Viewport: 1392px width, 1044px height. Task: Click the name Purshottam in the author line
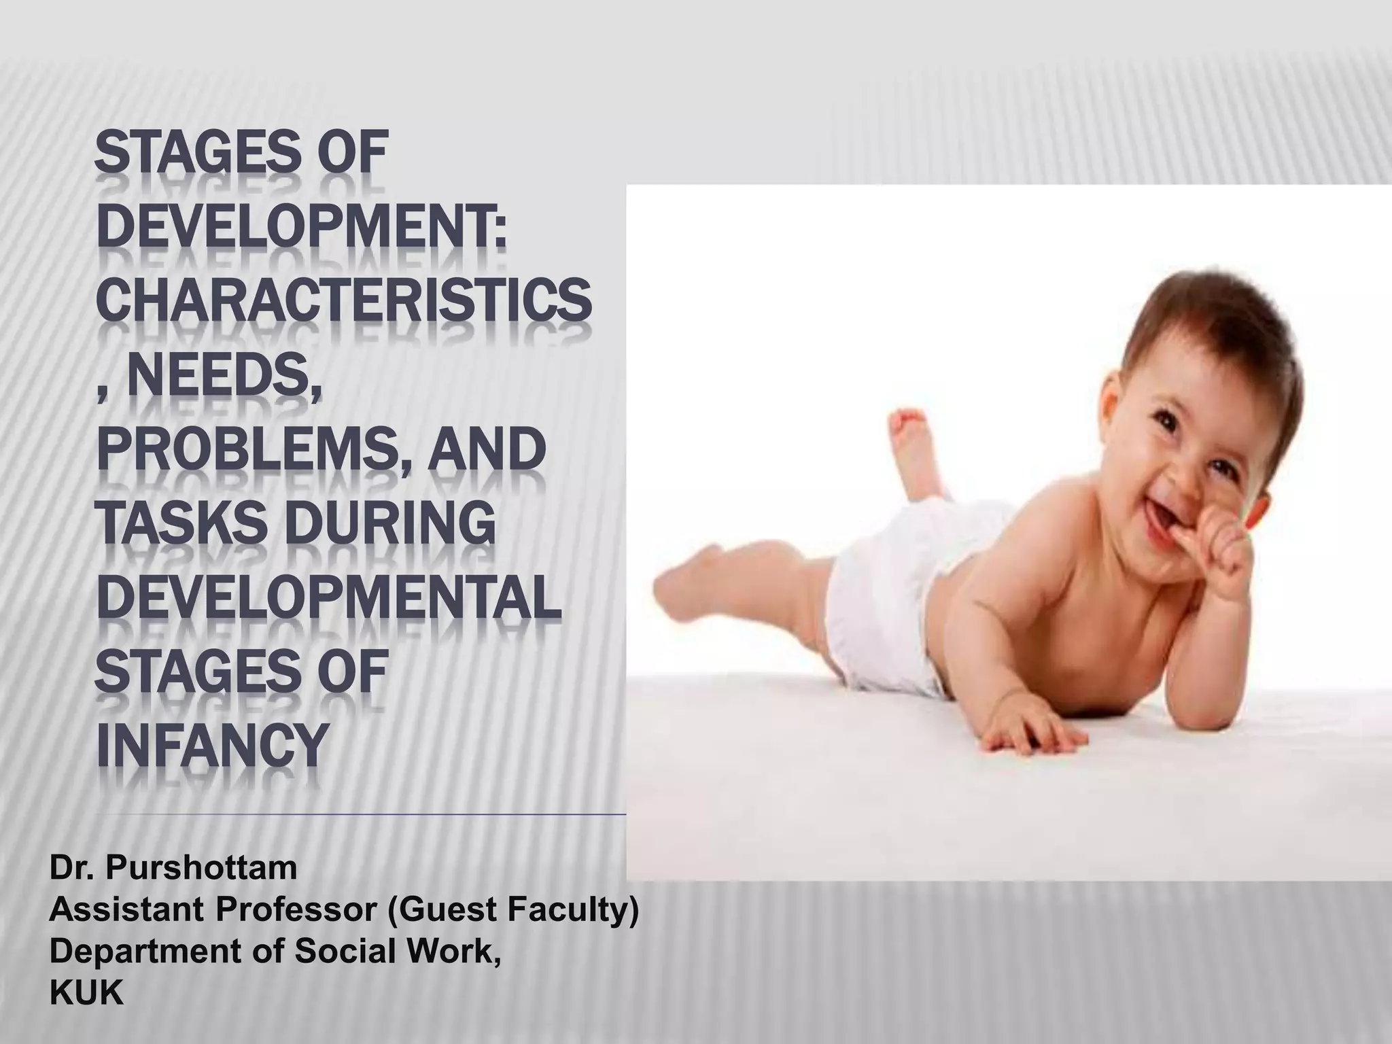tap(201, 868)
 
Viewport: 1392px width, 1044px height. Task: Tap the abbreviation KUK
tap(86, 994)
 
